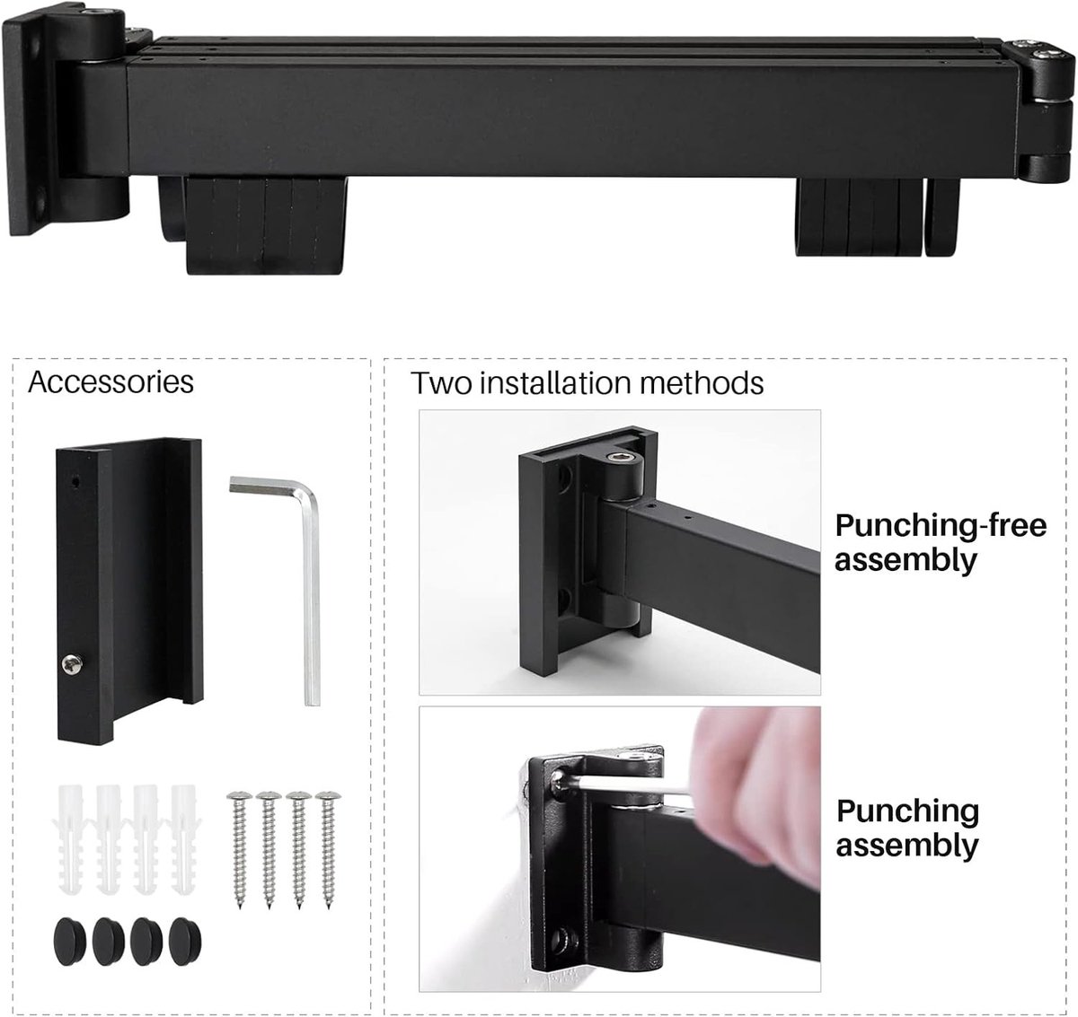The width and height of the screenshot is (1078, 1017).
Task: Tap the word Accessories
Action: (x=110, y=381)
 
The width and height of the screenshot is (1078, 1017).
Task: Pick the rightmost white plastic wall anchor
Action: (x=183, y=840)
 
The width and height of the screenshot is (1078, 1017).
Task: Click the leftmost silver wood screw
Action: (x=239, y=849)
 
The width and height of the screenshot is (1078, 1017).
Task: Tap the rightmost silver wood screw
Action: (x=328, y=849)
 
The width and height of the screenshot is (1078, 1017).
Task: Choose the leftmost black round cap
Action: (x=70, y=941)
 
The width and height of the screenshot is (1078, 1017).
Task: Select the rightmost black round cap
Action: (x=184, y=941)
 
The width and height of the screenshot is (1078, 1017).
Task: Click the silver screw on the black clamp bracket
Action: (x=72, y=664)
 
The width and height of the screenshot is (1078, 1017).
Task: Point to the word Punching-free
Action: (x=941, y=526)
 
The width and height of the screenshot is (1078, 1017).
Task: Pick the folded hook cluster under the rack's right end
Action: (x=877, y=217)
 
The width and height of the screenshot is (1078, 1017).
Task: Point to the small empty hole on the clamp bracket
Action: (x=75, y=481)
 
